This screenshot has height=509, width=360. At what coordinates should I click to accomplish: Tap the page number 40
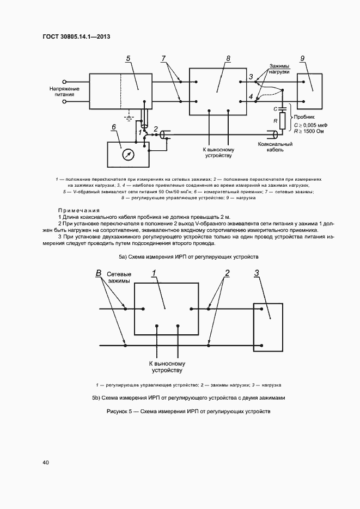pos(46,463)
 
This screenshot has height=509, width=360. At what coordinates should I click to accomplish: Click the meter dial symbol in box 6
pos(127,155)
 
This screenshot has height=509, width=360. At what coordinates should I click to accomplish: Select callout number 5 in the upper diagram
pos(128,58)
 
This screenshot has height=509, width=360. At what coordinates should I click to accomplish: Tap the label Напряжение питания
pos(65,91)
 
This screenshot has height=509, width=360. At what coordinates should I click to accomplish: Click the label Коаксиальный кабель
pos(276,148)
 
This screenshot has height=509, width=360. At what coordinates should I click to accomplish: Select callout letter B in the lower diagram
pos(99,273)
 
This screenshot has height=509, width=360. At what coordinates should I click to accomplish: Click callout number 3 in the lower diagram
pos(257,273)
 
